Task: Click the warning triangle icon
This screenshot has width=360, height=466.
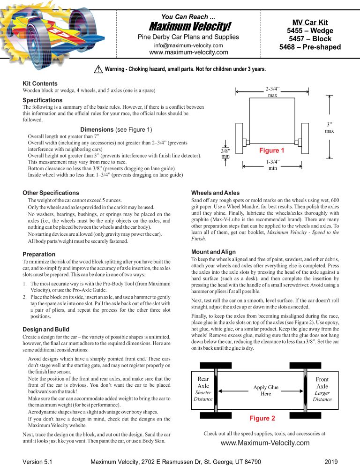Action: (98, 69)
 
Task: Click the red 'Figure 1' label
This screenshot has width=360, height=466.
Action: (272, 151)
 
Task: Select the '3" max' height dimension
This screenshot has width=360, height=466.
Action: (330, 128)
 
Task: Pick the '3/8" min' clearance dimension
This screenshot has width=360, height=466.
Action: (225, 153)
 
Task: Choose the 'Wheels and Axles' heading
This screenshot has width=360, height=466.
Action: (216, 193)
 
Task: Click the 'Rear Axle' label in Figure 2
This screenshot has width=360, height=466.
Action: (203, 382)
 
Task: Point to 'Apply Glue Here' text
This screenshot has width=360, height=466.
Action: (266, 391)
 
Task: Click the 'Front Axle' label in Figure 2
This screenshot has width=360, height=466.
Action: (322, 382)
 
